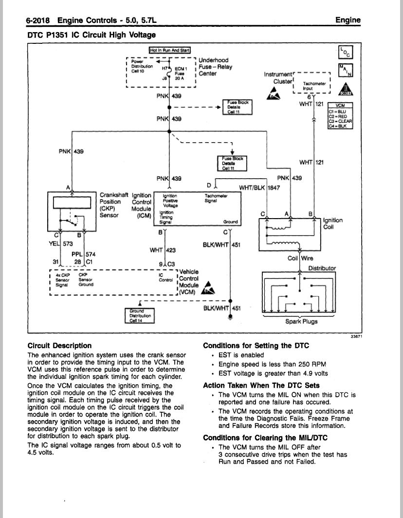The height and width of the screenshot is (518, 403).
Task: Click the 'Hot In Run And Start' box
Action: tap(170, 50)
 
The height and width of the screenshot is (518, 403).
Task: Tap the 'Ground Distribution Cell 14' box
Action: tap(140, 316)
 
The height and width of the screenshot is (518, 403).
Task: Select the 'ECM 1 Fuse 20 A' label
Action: tap(181, 74)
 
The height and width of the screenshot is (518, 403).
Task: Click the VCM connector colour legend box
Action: tap(340, 116)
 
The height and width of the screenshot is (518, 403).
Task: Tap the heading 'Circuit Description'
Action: tap(59, 346)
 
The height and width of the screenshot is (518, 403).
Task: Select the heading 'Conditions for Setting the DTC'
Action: tap(256, 346)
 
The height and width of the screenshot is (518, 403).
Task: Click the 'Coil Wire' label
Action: tap(300, 258)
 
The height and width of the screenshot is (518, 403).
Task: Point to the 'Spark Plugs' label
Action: tap(301, 321)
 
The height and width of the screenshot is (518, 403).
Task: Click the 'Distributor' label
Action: tap(322, 268)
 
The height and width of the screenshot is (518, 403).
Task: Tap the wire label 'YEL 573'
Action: tap(61, 244)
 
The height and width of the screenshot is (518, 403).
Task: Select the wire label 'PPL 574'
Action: tap(84, 254)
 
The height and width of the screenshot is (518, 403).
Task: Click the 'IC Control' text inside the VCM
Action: tap(166, 277)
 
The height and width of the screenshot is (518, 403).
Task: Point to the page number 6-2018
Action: tap(37, 20)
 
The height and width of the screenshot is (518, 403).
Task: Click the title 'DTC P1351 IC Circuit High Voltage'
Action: tap(92, 35)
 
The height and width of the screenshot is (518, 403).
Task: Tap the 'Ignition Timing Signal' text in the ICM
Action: tap(166, 217)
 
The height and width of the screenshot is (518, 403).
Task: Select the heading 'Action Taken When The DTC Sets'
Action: tap(261, 385)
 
